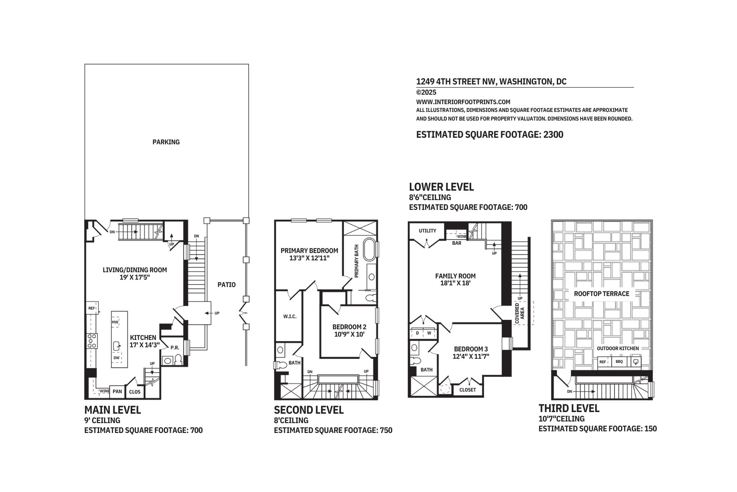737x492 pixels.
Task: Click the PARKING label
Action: [166, 142]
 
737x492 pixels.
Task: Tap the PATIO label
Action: [226, 285]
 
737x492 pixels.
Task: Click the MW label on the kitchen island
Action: [115, 322]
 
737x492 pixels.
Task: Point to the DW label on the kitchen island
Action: [117, 358]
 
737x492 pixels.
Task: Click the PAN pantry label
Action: [118, 391]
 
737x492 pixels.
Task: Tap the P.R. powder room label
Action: [175, 348]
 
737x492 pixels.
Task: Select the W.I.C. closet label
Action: [290, 317]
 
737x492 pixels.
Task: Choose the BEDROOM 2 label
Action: [349, 327]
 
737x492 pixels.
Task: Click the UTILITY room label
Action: [427, 231]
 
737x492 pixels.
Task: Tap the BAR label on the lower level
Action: [457, 243]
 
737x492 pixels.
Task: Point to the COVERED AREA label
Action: [520, 314]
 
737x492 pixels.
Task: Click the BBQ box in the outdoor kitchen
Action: [619, 362]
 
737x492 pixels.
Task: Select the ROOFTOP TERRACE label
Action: [601, 294]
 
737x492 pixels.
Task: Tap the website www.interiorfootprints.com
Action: [463, 102]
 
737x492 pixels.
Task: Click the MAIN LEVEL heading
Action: [113, 410]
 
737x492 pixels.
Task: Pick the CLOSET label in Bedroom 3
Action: [468, 389]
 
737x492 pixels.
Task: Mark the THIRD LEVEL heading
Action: [569, 408]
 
